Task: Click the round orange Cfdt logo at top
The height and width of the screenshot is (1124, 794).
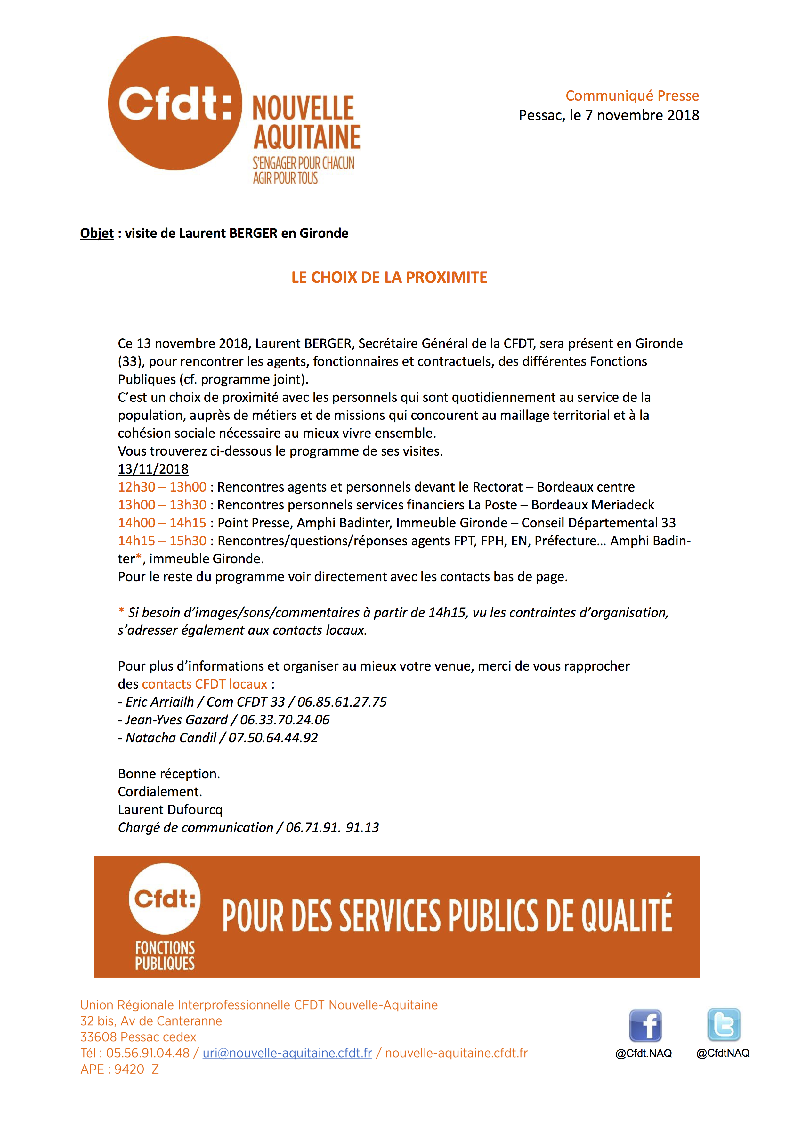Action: click(175, 103)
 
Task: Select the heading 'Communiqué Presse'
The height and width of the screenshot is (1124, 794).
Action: click(632, 95)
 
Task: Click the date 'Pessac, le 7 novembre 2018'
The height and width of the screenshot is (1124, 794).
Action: click(609, 116)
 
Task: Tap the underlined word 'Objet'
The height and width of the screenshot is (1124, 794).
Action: click(97, 234)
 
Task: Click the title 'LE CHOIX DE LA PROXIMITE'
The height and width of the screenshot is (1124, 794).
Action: click(389, 277)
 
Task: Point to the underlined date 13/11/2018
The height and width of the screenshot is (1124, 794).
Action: click(153, 469)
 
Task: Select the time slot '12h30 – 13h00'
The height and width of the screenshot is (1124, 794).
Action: click(162, 487)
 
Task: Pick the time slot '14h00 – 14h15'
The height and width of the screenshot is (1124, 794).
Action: click(162, 523)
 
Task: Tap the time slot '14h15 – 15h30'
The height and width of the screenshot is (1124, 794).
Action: click(162, 541)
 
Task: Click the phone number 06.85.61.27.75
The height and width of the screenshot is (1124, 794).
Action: click(342, 702)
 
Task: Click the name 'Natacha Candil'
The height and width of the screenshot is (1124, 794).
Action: click(171, 738)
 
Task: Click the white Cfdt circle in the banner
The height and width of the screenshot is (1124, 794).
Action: click(165, 899)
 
